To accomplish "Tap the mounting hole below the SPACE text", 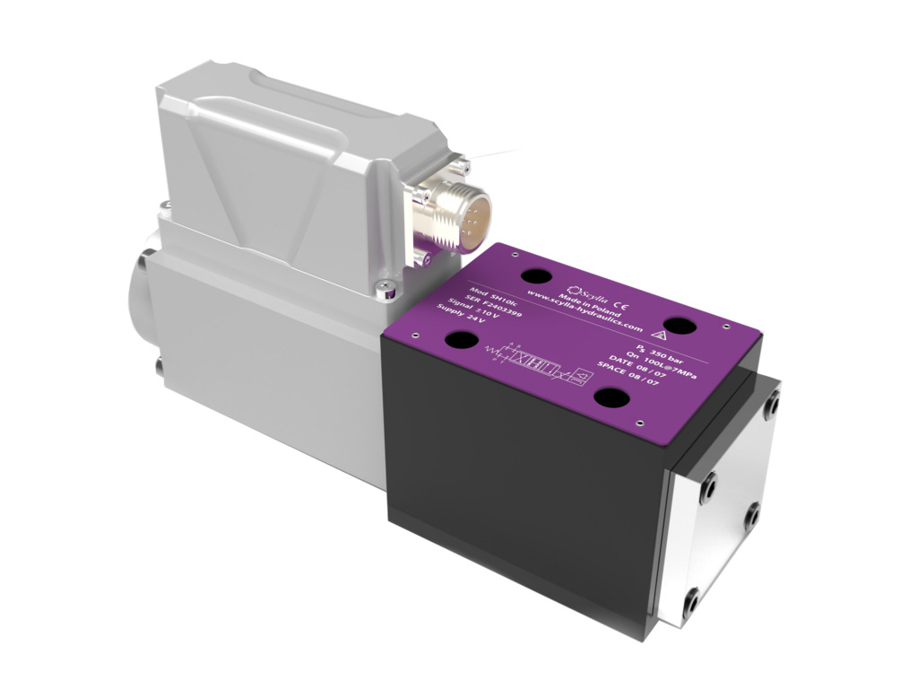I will click(x=612, y=397).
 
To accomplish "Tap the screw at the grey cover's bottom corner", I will click(x=385, y=287).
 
